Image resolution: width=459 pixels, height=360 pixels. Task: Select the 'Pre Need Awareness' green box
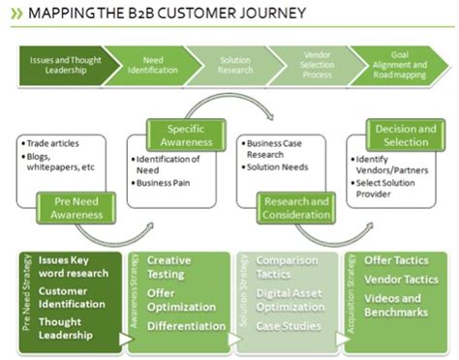pyautogui.click(x=76, y=205)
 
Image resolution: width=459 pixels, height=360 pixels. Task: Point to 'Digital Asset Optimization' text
pyautogui.click(x=291, y=300)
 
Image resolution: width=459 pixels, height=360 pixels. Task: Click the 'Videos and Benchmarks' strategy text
pyautogui.click(x=397, y=307)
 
